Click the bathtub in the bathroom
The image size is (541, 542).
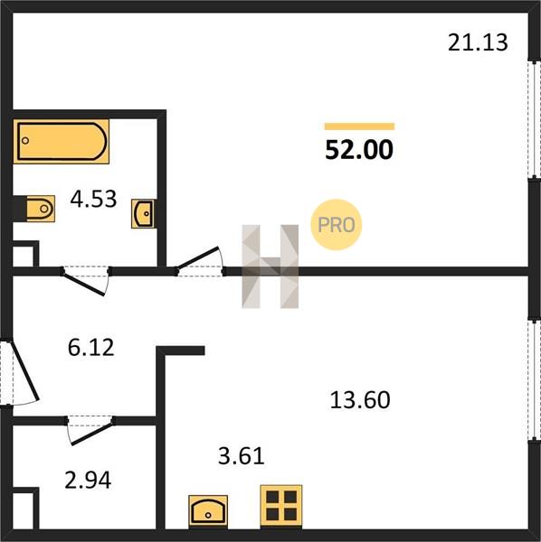(62, 141)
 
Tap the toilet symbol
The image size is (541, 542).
(41, 209)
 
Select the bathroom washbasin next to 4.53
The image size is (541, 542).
(143, 213)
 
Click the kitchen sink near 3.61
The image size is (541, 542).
(208, 512)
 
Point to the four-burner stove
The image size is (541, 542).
(281, 506)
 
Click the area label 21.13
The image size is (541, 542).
(478, 42)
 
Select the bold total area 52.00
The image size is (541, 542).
(359, 150)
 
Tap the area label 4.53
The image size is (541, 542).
(93, 199)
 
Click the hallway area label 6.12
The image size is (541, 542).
(91, 348)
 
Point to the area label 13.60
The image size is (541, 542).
(360, 399)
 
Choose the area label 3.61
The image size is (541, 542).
(242, 455)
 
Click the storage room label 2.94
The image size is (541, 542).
(88, 480)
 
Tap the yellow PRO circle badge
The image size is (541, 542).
(337, 225)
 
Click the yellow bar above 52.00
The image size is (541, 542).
(359, 126)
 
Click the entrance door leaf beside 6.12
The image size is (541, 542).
(25, 370)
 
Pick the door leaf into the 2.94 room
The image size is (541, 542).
(91, 433)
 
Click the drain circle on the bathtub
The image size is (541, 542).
(25, 140)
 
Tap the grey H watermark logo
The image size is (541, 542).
(270, 266)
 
